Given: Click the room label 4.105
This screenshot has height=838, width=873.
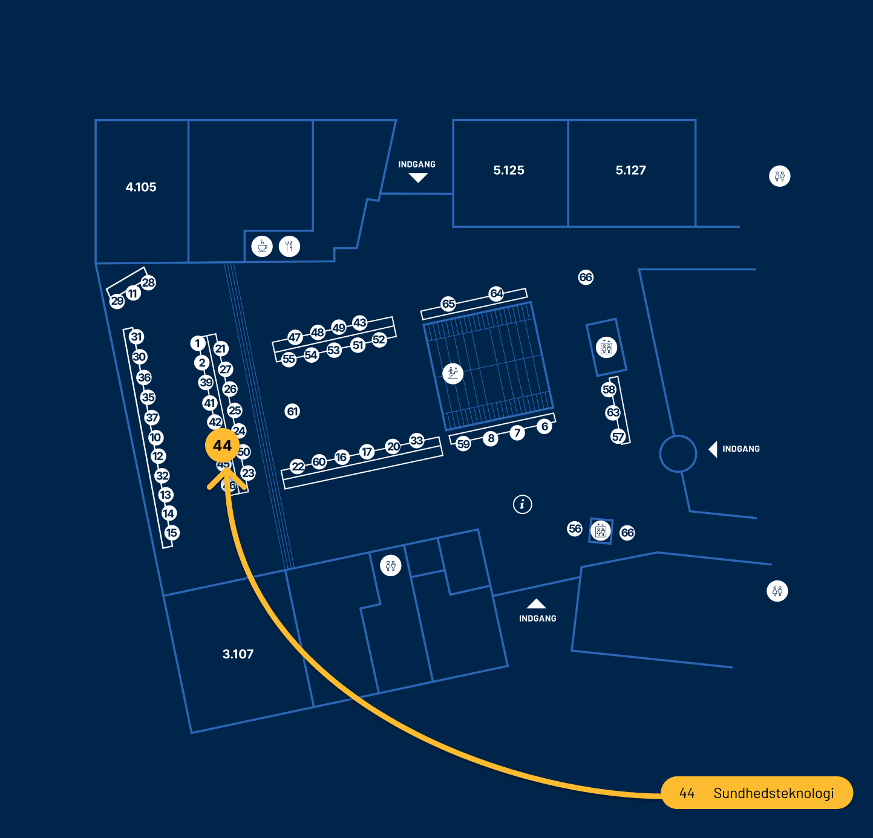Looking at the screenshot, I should (141, 187).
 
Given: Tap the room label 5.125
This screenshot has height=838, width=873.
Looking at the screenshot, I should (509, 171).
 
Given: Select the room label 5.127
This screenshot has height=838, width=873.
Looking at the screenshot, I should (631, 171).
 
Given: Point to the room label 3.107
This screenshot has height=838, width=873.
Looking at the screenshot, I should (238, 654).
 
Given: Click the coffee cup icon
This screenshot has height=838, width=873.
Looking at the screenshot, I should (262, 246).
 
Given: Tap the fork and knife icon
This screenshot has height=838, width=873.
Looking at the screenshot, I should (289, 246).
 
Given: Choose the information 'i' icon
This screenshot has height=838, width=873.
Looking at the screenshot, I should (523, 504).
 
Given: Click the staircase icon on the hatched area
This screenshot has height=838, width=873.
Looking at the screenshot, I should (453, 373).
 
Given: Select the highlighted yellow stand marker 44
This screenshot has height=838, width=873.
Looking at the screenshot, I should (223, 446).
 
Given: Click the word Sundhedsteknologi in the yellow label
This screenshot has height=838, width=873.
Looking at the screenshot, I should (773, 793).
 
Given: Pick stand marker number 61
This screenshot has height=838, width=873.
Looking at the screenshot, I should (293, 412).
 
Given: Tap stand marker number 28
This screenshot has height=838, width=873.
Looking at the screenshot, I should (148, 282).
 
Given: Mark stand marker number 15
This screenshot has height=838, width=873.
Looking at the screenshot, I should (172, 533).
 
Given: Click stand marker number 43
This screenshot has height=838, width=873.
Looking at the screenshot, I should (360, 322).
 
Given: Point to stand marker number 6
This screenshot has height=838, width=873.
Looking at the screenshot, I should (544, 426).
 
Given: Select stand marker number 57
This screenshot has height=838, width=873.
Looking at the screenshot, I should (618, 437).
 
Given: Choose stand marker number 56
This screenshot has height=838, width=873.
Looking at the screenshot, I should (575, 528).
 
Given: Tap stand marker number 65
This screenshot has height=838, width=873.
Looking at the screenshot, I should (448, 304).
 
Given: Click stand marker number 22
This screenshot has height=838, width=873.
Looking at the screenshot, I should (298, 466).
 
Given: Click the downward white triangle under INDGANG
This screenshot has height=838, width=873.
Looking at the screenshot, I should (418, 177).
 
